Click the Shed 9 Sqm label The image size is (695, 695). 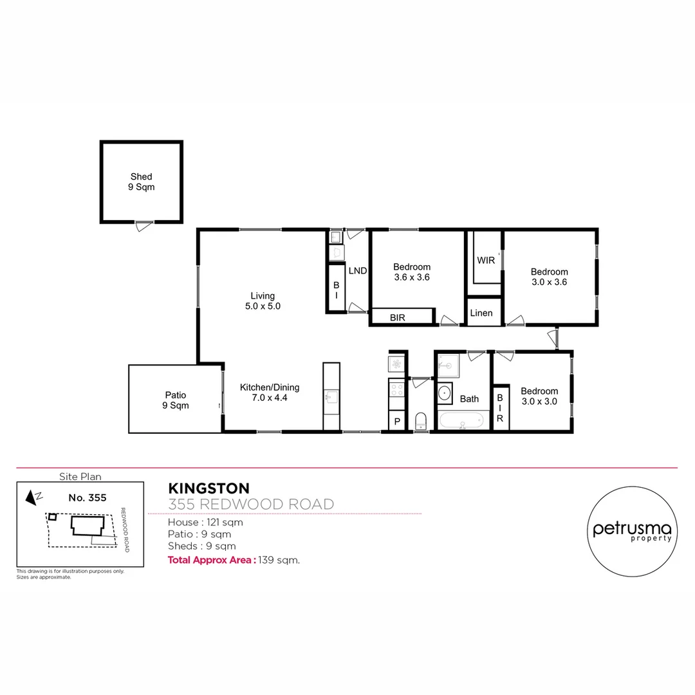[x=141, y=182]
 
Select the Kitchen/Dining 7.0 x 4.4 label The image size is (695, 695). [x=270, y=393]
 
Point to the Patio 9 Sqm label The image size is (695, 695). [x=174, y=400]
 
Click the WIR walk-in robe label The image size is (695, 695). [x=486, y=261]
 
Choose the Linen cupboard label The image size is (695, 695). [x=481, y=313]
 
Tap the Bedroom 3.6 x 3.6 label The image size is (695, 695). [x=412, y=272]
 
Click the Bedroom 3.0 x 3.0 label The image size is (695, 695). [x=539, y=396]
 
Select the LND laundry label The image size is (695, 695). [x=357, y=271]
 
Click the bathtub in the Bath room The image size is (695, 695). [x=461, y=422]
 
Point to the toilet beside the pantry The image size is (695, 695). [x=421, y=422]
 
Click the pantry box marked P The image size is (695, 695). [x=397, y=422]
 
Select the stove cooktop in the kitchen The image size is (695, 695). [x=396, y=389]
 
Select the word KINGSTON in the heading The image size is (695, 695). [x=208, y=489]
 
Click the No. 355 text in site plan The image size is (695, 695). [x=87, y=497]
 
